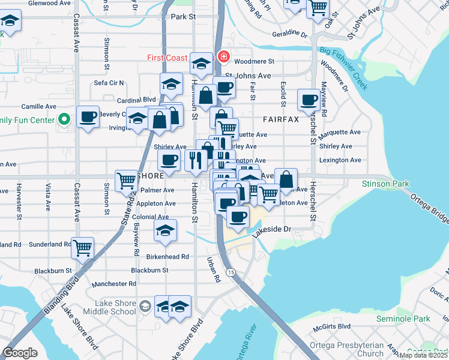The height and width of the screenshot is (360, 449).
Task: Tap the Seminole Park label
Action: point(403,319)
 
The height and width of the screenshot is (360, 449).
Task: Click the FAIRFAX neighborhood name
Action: point(280,119)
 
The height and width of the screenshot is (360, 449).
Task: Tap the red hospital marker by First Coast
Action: point(224,58)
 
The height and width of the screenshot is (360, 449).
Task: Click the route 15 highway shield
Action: point(231,272)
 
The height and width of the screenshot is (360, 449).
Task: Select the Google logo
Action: point(20,353)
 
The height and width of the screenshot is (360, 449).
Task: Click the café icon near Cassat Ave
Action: point(88,116)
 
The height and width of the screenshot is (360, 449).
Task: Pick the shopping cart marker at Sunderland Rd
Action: point(82,247)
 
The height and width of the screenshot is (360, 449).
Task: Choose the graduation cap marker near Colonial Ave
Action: point(165,230)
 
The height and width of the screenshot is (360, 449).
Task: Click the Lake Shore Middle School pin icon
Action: point(145,307)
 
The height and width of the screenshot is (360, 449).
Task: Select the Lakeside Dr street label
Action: point(271,229)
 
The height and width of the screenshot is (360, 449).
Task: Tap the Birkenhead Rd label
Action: point(168,256)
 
